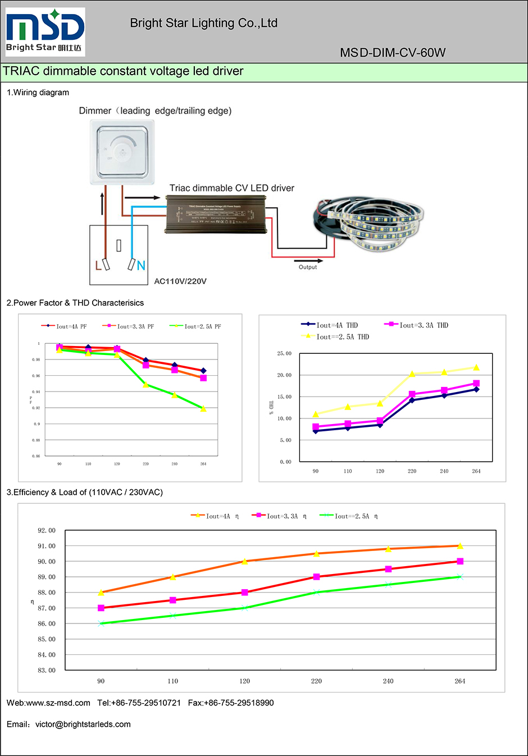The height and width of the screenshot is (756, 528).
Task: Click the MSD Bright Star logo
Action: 45,32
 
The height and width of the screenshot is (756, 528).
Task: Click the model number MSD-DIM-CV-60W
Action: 393,53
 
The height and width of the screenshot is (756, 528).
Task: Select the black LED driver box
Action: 215,214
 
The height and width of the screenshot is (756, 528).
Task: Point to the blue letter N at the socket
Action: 141,266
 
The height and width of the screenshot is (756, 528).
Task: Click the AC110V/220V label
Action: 180,281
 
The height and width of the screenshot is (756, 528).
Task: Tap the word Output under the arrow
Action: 308,267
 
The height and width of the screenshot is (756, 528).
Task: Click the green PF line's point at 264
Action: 203,409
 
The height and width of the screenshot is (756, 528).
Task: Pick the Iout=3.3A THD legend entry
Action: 416,325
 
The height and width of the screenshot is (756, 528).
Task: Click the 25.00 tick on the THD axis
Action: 284,353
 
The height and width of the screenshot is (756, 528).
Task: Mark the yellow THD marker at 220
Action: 412,374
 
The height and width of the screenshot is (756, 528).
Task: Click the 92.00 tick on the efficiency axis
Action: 47,530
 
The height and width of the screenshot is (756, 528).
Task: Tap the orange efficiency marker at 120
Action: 245,561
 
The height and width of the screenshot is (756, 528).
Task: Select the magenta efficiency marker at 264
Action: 460,561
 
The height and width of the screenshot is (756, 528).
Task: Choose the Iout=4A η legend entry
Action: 215,516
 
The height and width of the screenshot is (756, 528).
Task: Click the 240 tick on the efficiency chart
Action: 388,681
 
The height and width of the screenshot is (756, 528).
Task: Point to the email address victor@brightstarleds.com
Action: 83,725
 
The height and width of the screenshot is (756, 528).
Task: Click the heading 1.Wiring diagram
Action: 38,93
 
